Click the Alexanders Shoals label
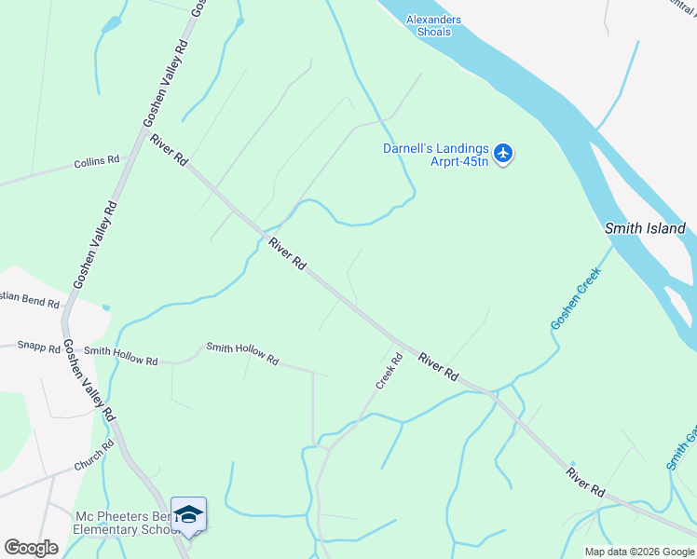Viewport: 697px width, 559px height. click(433, 25)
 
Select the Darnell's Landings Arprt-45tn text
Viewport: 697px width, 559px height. click(435, 154)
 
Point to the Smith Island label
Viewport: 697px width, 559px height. click(645, 228)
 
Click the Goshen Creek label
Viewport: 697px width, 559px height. click(576, 298)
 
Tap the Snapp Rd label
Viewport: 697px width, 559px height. click(38, 347)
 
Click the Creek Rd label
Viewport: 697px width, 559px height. click(389, 370)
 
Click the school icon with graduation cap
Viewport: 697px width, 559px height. click(188, 515)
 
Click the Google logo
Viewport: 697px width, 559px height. click(31, 548)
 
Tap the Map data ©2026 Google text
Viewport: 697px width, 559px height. click(639, 552)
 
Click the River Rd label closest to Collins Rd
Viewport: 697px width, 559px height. click(168, 150)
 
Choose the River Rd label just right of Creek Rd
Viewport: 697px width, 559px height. click(438, 365)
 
